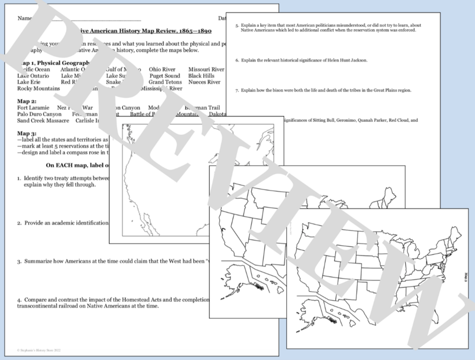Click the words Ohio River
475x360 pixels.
click(162, 69)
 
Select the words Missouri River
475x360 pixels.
click(206, 69)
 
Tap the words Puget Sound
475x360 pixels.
click(164, 76)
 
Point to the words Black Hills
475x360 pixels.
click(201, 76)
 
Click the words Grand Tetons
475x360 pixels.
click(165, 82)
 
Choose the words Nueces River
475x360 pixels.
click(204, 82)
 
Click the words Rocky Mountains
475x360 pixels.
click(38, 89)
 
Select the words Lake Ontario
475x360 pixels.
click(33, 76)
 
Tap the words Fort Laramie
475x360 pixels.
click(33, 108)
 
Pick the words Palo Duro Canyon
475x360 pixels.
click(39, 114)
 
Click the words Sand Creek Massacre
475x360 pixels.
click(43, 120)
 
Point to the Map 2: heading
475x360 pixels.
click(27, 101)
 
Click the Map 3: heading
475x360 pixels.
click(27, 133)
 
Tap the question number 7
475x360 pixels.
click(237, 90)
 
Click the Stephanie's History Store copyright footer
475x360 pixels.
click(39, 350)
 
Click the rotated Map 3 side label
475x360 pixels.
click(466, 278)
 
